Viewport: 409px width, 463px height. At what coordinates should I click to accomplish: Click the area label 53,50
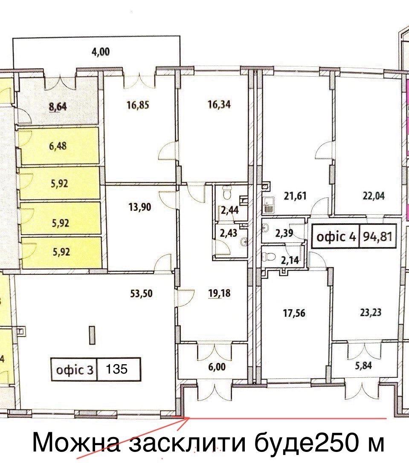[141, 293]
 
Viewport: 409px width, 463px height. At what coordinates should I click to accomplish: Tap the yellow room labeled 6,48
[60, 146]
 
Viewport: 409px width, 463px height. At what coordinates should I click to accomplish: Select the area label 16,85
[138, 105]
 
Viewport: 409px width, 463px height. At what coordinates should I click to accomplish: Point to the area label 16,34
[219, 104]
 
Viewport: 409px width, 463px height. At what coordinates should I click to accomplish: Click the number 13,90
[140, 207]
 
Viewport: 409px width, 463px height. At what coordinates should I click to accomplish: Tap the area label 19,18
[219, 293]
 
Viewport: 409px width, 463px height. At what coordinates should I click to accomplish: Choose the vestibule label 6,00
[217, 367]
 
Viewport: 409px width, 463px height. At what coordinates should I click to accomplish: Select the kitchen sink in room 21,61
[269, 204]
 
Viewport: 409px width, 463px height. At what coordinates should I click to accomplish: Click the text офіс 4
[336, 236]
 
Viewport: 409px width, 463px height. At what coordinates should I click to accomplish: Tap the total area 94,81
[377, 236]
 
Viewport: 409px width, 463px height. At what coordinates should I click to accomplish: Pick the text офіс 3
[75, 369]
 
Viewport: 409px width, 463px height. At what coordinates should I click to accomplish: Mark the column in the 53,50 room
[92, 335]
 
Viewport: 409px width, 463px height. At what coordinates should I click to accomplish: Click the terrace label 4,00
[101, 52]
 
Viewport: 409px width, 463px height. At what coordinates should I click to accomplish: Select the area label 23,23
[371, 312]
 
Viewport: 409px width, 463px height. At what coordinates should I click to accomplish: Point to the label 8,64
[58, 106]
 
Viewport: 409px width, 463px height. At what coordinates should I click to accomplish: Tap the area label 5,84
[363, 366]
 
